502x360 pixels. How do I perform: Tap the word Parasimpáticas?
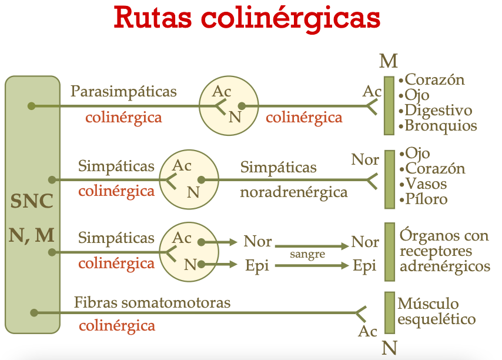[x=123, y=92]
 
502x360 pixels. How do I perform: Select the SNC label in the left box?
[x=32, y=202]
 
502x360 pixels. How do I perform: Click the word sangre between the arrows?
[x=308, y=255]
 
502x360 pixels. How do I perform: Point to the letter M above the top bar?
[x=389, y=61]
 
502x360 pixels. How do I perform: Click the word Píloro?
[x=426, y=199]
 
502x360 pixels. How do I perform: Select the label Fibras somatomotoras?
[x=152, y=303]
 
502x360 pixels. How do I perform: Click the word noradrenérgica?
[x=294, y=192]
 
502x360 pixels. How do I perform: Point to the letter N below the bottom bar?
[x=389, y=348]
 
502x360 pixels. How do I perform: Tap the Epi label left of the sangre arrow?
[x=256, y=265]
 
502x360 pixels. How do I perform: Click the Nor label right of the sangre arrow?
[x=365, y=242]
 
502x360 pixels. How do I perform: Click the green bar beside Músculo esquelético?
[x=389, y=312]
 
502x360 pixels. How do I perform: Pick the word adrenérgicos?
[x=444, y=266]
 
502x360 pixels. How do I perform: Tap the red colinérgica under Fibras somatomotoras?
[x=117, y=326]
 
